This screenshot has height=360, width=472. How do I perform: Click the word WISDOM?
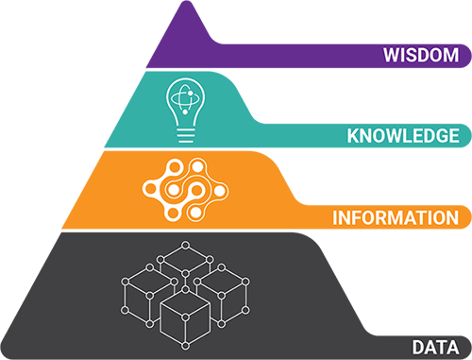pyautogui.click(x=420, y=53)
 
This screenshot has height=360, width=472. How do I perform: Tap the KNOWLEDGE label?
pyautogui.click(x=402, y=136)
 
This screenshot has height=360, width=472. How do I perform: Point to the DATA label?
pyautogui.click(x=435, y=346)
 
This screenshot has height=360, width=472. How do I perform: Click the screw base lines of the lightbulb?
pyautogui.click(x=185, y=134)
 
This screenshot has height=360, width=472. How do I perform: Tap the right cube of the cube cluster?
pyautogui.click(x=225, y=291)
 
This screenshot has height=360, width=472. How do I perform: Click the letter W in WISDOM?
pyautogui.click(x=390, y=53)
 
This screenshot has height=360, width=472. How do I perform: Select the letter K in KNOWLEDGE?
pyautogui.click(x=353, y=136)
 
